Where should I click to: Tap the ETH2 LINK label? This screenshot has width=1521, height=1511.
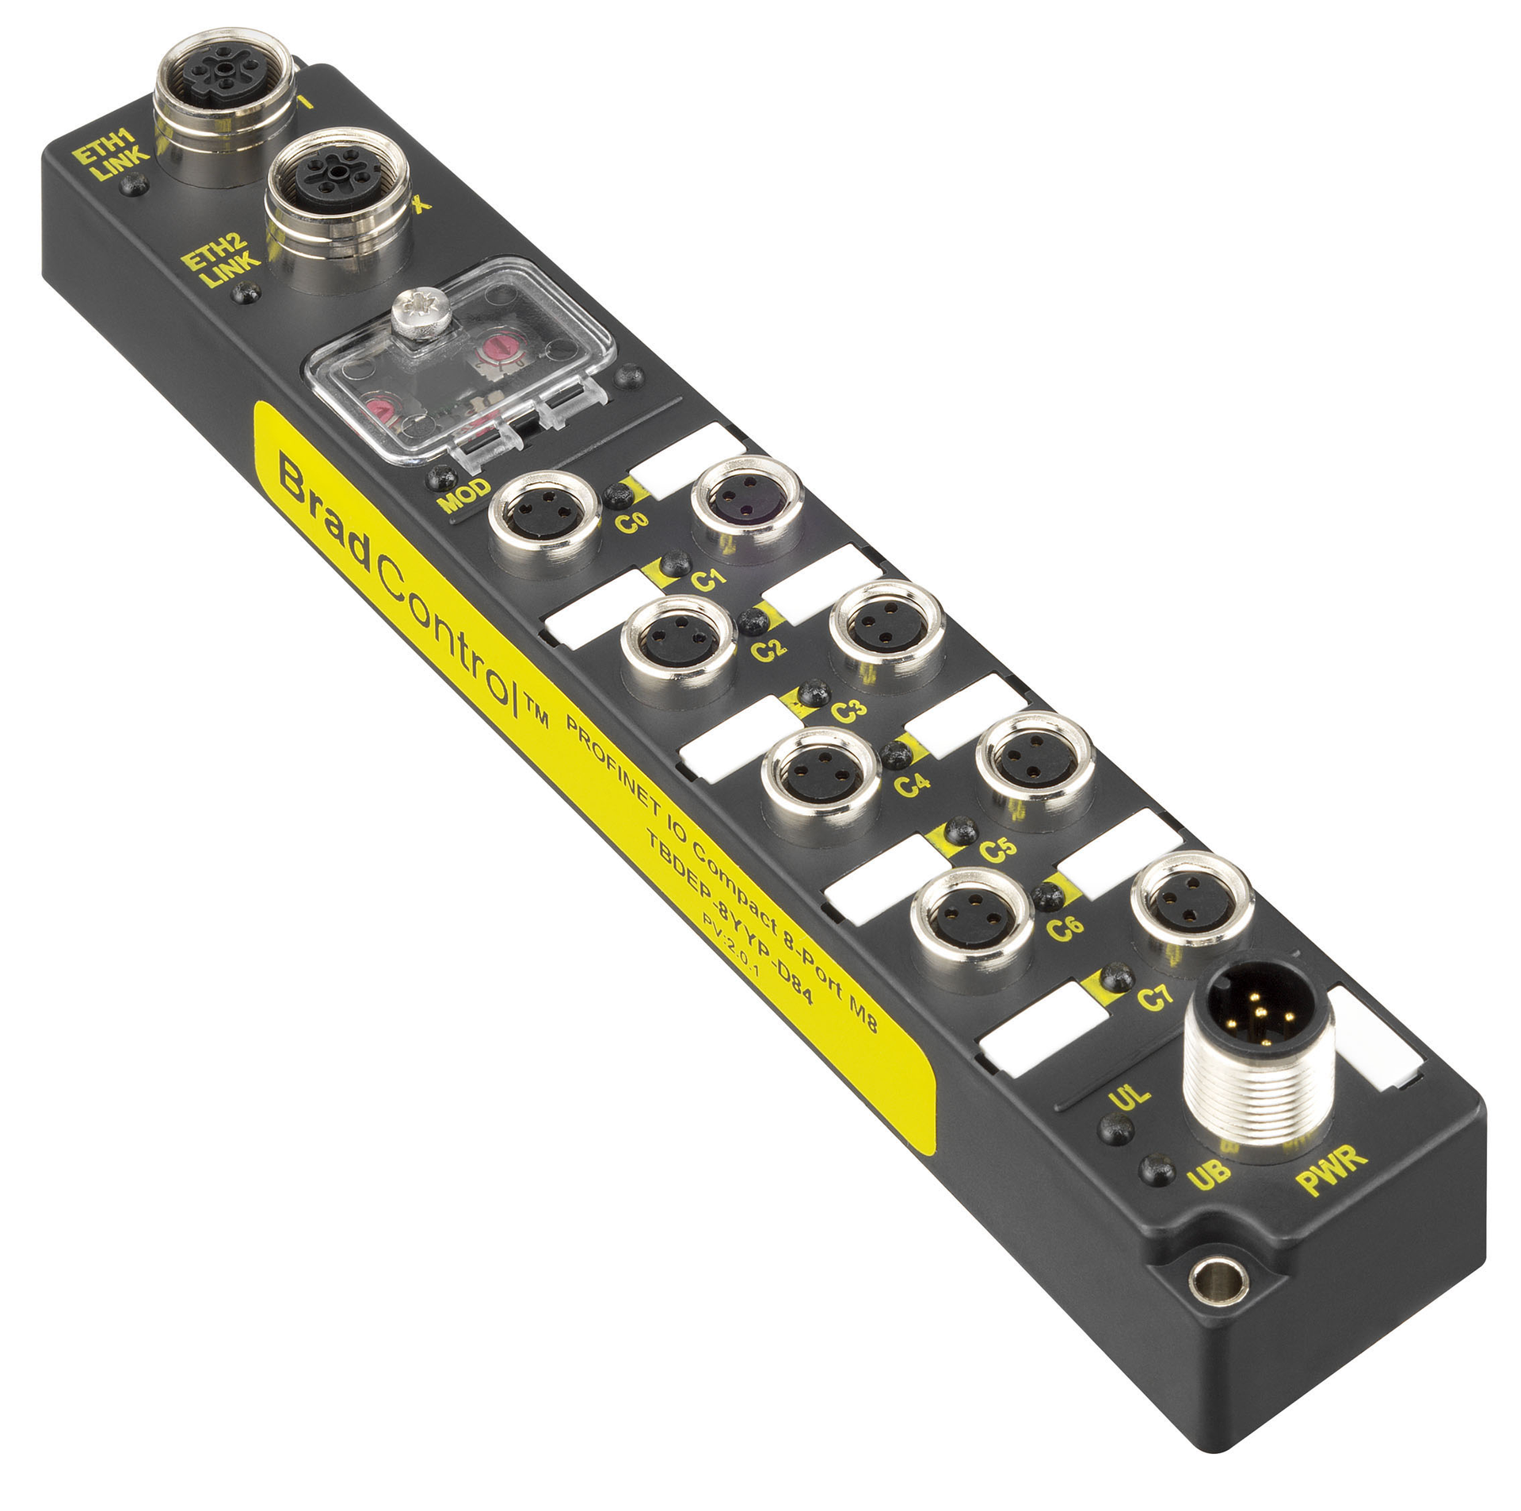point(219,261)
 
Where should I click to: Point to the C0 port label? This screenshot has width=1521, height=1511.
point(632,521)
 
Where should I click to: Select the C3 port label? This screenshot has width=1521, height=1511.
point(848,709)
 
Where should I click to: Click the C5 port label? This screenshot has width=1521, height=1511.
point(997,849)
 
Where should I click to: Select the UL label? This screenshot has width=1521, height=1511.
point(1129,1097)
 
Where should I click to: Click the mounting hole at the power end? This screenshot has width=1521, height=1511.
point(1218,1280)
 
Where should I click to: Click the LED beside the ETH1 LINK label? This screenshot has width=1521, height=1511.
point(135,184)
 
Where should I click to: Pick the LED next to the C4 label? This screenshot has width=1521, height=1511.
point(897,754)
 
